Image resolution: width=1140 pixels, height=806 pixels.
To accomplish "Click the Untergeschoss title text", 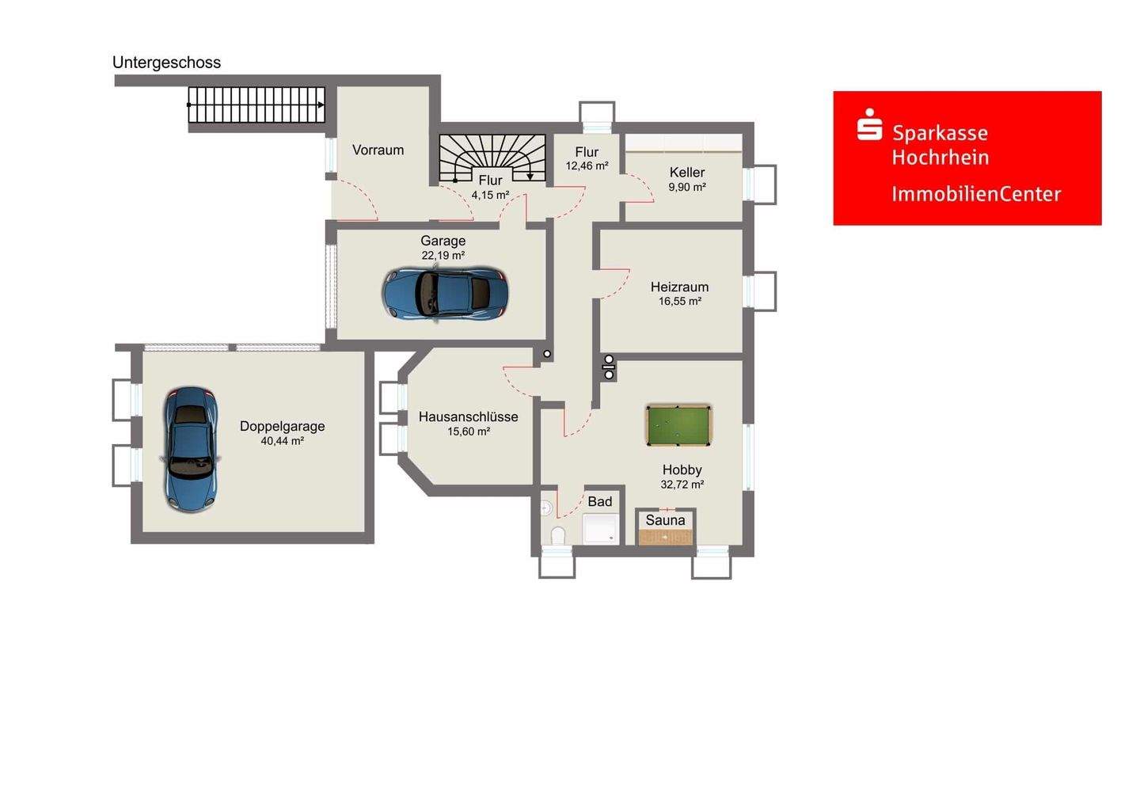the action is click(x=166, y=63).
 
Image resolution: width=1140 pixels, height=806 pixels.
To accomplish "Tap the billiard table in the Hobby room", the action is click(x=678, y=425).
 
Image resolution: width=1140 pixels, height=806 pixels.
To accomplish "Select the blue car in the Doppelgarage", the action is click(x=190, y=450).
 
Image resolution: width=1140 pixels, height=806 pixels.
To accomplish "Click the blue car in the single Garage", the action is click(x=445, y=294).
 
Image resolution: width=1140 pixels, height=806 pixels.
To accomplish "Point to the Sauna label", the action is click(x=665, y=520).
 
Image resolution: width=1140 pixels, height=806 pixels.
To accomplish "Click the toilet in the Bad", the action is click(x=558, y=535).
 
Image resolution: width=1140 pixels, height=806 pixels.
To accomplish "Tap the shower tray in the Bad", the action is click(x=601, y=529).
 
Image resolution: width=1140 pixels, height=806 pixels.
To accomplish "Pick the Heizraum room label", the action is click(x=679, y=287).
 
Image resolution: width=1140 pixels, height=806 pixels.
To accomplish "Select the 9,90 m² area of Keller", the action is click(x=687, y=188).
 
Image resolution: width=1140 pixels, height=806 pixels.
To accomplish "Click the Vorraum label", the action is click(x=378, y=150).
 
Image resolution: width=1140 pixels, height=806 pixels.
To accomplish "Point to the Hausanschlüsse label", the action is click(x=468, y=416).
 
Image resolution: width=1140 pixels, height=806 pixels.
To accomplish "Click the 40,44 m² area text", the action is click(x=283, y=441).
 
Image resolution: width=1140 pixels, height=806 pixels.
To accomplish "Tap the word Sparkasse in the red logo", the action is click(x=940, y=133).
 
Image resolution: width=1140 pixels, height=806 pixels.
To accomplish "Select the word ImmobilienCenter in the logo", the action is click(x=976, y=194).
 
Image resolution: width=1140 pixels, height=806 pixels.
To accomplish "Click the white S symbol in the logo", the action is click(x=869, y=124).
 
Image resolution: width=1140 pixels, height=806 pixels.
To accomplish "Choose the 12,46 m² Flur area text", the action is click(x=587, y=166).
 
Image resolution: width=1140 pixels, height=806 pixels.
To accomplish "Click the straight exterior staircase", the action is click(x=256, y=105).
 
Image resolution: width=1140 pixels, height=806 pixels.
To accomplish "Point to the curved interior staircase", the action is click(x=492, y=158).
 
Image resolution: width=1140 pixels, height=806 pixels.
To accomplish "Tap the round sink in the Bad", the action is click(x=545, y=508).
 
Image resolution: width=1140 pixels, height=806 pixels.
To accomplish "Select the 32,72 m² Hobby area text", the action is click(x=682, y=485).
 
